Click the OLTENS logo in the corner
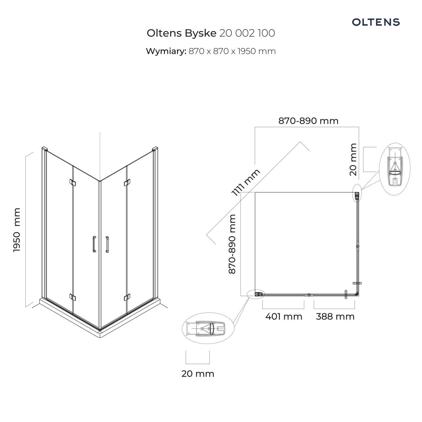point(376,22)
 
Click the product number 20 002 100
point(247,33)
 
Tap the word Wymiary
point(166,51)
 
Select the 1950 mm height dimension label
point(17,230)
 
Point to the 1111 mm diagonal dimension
point(246,182)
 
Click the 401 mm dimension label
point(284,316)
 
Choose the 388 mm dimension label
point(335,316)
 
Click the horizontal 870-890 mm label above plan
point(308,121)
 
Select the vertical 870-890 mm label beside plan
point(232,244)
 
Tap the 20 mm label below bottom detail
point(198,374)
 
